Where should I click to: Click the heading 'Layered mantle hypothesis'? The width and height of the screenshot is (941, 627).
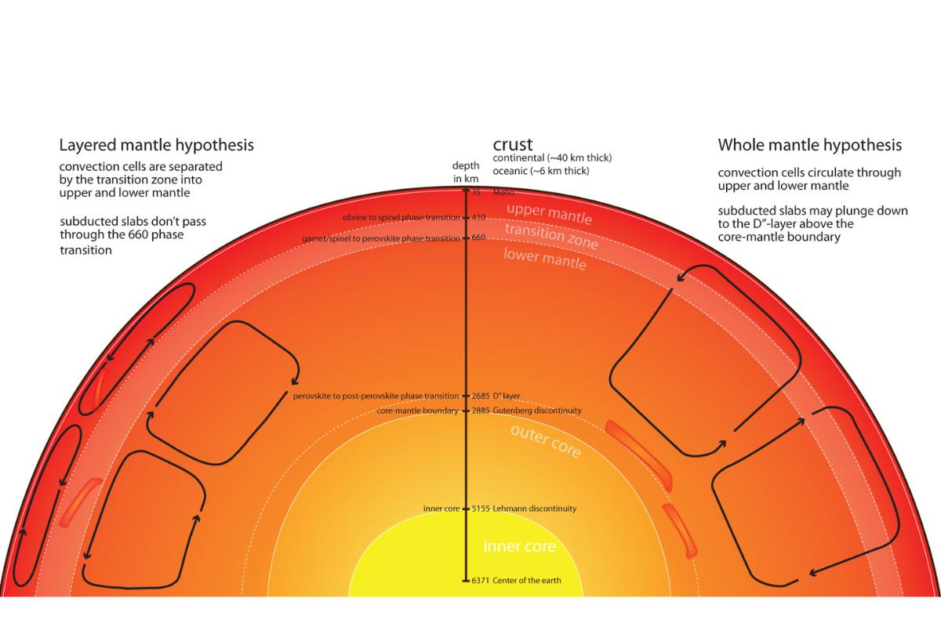[157, 145]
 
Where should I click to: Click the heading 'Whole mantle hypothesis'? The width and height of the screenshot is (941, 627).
[810, 145]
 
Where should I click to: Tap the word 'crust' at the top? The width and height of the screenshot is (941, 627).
[513, 144]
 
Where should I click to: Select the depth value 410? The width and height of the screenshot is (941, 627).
[479, 217]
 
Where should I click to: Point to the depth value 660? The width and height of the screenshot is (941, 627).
[479, 237]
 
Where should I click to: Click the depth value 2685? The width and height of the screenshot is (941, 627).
[481, 396]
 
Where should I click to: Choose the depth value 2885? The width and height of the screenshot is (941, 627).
[481, 411]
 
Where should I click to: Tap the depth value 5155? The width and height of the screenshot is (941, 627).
[481, 509]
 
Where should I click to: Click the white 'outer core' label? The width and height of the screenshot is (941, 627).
[545, 440]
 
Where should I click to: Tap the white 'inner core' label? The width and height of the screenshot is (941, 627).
[519, 546]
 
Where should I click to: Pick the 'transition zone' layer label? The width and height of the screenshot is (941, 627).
[550, 236]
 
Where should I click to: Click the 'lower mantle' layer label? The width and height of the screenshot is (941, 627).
[544, 258]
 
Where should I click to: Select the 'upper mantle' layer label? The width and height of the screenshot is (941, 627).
[549, 213]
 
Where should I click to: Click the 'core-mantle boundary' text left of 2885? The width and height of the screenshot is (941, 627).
[417, 411]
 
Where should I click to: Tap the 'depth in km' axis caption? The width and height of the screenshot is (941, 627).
[465, 172]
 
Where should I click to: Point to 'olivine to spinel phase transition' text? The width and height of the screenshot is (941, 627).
[401, 217]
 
